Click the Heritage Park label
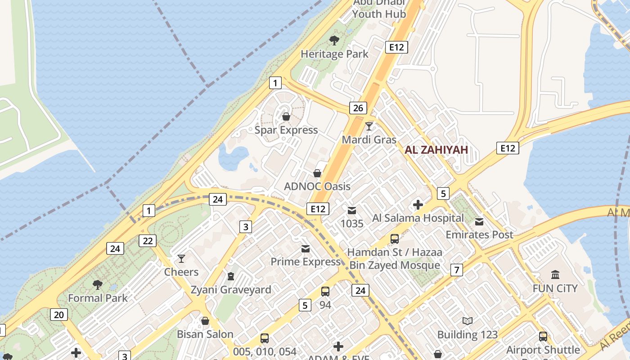(x=334, y=54)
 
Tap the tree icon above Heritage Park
(x=334, y=40)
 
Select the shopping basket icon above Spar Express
(x=286, y=117)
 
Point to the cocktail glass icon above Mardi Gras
(x=369, y=126)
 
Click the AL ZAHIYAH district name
(x=436, y=150)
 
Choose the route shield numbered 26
(x=358, y=108)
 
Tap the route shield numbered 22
(x=148, y=241)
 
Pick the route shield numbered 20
(x=59, y=315)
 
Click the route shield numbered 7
(x=457, y=270)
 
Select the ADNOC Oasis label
(x=317, y=186)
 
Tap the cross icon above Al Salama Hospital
(x=418, y=205)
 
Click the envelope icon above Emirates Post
(x=479, y=221)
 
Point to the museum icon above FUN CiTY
(x=555, y=274)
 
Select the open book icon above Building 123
(x=468, y=321)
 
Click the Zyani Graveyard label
(x=231, y=289)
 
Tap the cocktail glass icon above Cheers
(x=181, y=259)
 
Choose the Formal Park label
(x=98, y=298)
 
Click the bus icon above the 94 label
(x=325, y=292)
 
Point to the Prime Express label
(x=306, y=261)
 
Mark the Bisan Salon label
(x=205, y=334)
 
